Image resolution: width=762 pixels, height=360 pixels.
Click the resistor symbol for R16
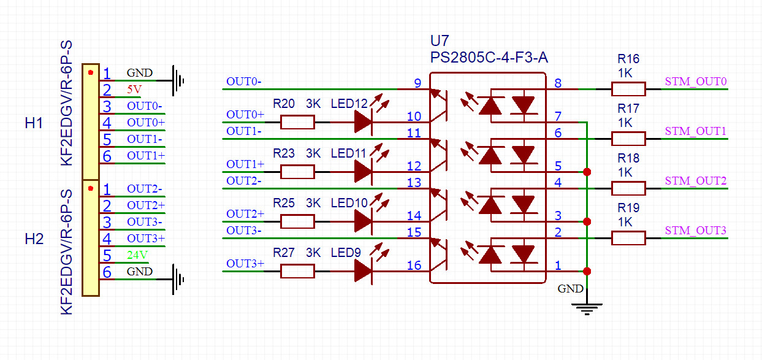click(628, 90)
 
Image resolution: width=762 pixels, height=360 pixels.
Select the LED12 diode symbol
click(363, 122)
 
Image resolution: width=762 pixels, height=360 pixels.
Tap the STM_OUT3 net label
click(696, 231)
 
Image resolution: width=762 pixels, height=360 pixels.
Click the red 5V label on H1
click(134, 90)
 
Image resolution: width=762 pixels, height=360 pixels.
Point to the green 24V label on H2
click(137, 255)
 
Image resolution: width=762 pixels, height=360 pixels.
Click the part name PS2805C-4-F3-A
click(489, 58)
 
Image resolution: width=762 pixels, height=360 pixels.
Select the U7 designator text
click(440, 42)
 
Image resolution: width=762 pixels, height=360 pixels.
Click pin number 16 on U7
click(414, 265)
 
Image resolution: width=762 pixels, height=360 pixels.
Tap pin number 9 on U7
click(417, 83)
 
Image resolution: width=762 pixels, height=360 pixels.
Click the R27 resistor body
click(297, 271)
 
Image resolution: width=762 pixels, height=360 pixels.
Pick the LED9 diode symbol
click(363, 271)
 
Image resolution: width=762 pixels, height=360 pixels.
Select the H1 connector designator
click(34, 123)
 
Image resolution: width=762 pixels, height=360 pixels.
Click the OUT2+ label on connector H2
click(145, 205)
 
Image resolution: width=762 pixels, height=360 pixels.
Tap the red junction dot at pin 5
click(587, 172)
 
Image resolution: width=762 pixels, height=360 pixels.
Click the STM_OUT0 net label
click(696, 82)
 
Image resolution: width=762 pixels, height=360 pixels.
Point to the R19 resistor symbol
click(628, 238)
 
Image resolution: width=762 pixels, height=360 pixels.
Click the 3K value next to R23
click(313, 153)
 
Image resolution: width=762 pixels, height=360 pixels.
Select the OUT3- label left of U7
click(245, 231)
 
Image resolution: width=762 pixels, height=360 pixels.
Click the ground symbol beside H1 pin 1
click(178, 80)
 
